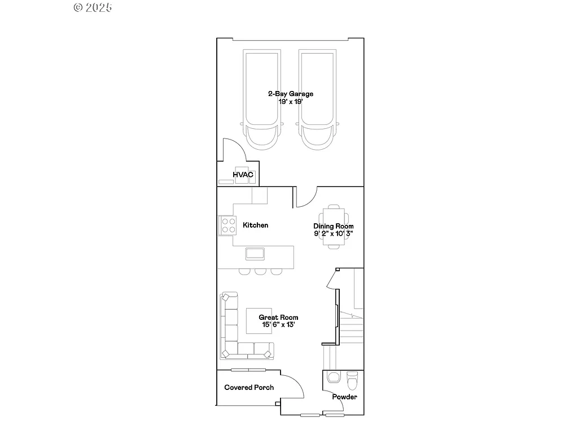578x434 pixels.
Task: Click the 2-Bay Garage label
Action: [x=290, y=94]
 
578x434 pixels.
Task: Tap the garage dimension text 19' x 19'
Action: [x=290, y=102]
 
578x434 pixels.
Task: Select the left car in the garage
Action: [x=261, y=99]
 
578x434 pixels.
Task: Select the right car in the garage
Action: [x=318, y=99]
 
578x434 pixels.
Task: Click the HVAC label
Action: [x=243, y=175]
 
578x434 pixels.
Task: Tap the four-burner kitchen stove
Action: [x=227, y=225]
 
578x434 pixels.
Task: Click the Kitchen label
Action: [x=255, y=225]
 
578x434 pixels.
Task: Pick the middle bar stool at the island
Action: [x=260, y=271]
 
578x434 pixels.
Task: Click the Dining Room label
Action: [x=334, y=226]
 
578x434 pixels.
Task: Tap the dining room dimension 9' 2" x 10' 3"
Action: [x=334, y=233]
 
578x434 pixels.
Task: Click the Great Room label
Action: [x=278, y=318]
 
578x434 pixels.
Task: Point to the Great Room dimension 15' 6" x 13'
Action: [x=278, y=325]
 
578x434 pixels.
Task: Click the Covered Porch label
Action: [x=249, y=388]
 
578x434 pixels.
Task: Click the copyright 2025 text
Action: [x=93, y=7]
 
